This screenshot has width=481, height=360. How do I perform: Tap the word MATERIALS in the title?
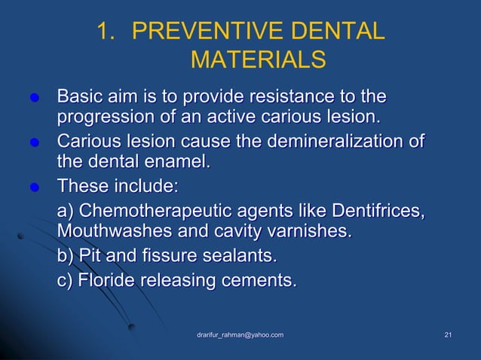tap(259, 59)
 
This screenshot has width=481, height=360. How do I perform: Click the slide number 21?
tap(449, 334)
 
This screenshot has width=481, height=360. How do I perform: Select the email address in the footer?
tap(240, 334)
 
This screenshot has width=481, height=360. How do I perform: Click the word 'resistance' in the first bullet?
tap(283, 97)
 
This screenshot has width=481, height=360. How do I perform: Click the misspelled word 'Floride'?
tap(101, 280)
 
